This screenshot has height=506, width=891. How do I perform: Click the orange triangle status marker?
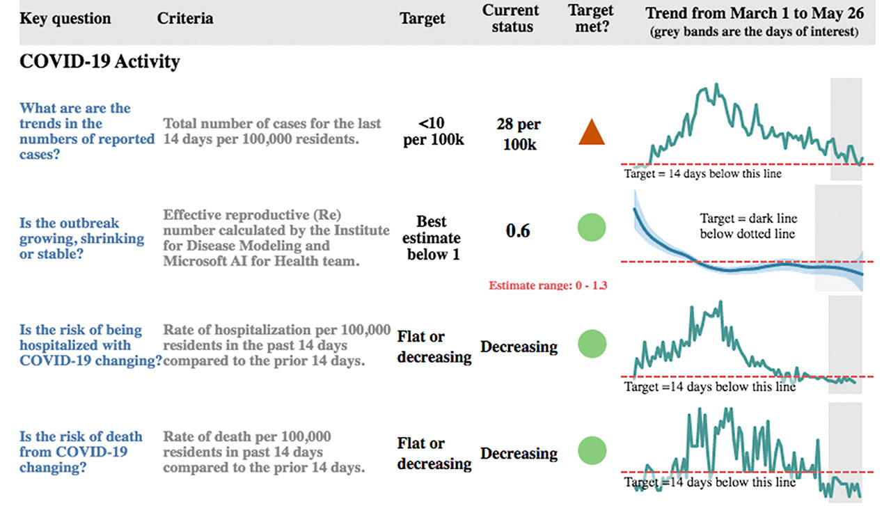point(591,132)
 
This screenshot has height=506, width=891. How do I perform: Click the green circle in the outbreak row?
point(592,228)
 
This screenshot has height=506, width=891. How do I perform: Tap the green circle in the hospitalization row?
point(592,344)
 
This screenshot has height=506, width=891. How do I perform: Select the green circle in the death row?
point(592,450)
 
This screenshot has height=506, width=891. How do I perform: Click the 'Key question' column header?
point(65,18)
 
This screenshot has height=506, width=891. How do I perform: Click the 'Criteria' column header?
point(185,18)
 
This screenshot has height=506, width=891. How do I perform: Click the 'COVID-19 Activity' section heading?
point(100,61)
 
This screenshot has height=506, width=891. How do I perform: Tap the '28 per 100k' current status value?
point(519,134)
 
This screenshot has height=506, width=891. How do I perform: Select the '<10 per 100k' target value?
point(434,131)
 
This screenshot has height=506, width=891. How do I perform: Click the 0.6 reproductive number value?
point(517,231)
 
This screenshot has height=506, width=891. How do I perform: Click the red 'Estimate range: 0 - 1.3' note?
point(548,285)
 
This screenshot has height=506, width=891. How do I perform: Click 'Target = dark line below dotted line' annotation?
point(747,226)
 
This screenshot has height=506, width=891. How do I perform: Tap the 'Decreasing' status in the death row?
point(519,454)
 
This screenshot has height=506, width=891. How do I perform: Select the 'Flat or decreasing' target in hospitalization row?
point(434,347)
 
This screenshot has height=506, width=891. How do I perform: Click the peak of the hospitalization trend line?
point(721,302)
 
